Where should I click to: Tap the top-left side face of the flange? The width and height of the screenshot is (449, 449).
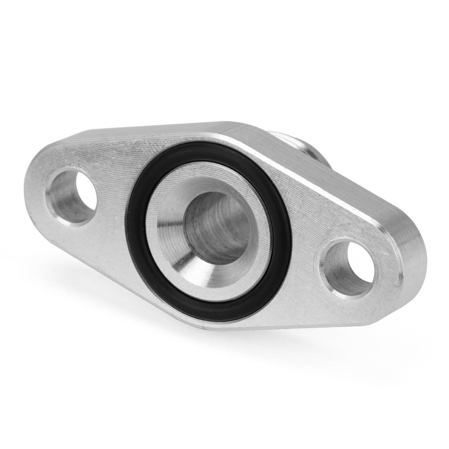(148, 130)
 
